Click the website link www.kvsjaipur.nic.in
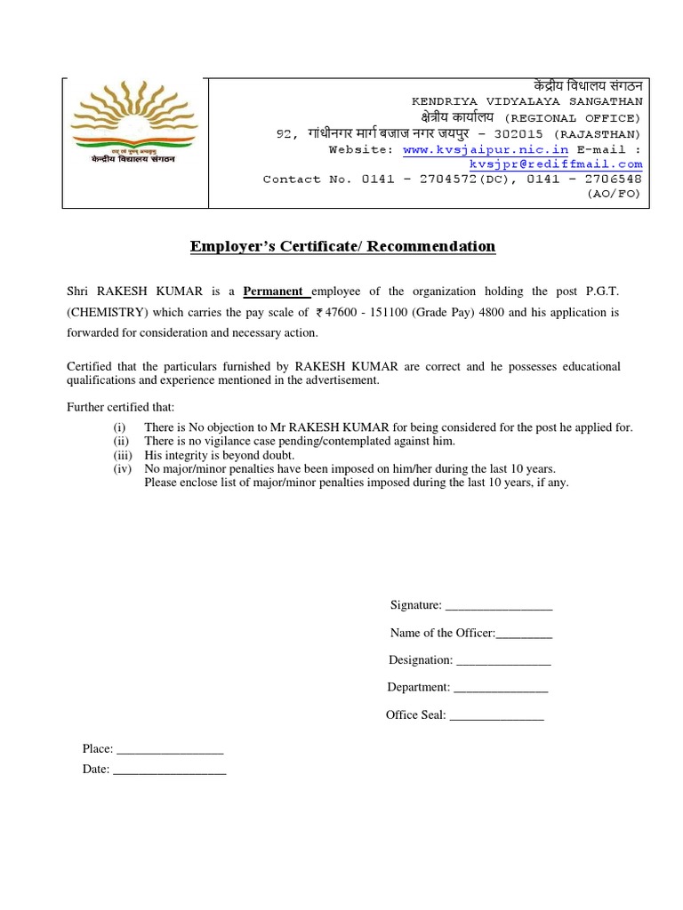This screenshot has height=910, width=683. point(486,150)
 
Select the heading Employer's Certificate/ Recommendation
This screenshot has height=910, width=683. point(342,246)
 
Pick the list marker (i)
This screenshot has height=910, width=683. point(119,427)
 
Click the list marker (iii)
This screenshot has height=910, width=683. point(121,455)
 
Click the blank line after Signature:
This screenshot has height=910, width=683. point(498,606)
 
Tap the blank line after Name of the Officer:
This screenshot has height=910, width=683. point(524,634)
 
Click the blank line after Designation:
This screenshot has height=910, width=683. point(503,661)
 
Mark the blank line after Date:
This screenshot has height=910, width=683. point(169,770)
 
